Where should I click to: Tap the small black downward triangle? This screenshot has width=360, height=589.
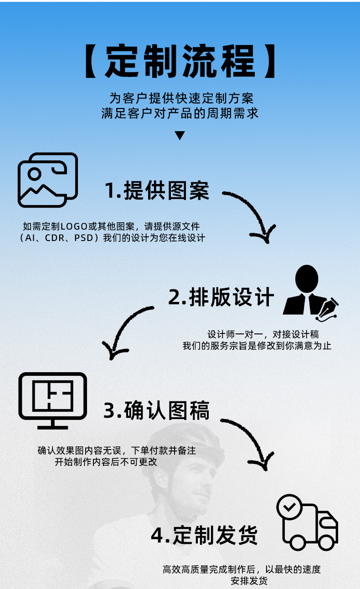point(180,135)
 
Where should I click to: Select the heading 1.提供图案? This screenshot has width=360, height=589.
point(157,190)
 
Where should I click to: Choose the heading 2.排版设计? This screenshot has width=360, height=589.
point(221,297)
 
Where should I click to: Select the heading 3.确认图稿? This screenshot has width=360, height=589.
point(156,410)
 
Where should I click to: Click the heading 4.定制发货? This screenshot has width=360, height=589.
point(204,535)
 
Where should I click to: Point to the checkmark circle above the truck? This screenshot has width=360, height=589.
point(289,506)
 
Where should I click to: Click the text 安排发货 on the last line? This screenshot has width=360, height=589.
point(249,581)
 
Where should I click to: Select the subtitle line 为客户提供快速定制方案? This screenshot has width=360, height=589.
point(181,98)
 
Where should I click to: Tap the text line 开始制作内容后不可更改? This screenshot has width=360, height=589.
point(106,462)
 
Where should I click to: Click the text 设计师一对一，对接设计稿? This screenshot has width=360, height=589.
point(263,334)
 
